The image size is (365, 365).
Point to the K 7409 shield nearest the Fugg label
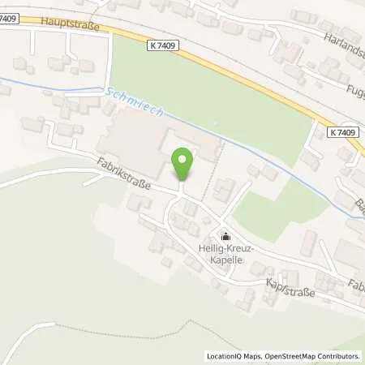tap(344, 131)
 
